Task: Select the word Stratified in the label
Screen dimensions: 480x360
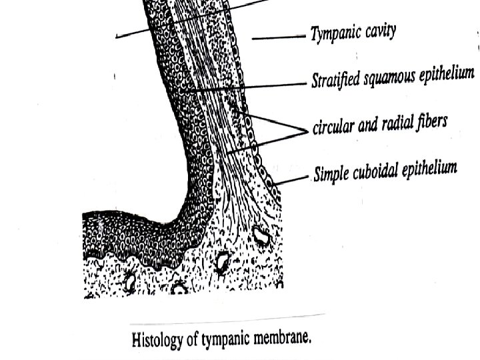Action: (337, 80)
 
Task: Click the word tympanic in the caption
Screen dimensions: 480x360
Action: (230, 339)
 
